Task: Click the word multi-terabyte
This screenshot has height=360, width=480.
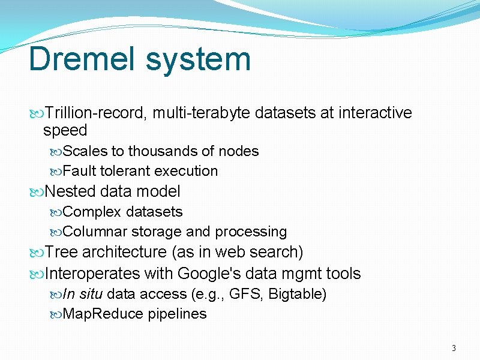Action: coord(202,113)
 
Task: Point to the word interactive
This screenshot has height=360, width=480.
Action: coord(375,113)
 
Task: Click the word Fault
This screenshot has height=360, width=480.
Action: coord(79,171)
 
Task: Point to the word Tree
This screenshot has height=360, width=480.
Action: coord(62,252)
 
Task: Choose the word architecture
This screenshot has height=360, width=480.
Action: coord(125,252)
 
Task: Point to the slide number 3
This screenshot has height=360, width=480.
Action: coord(454,349)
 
